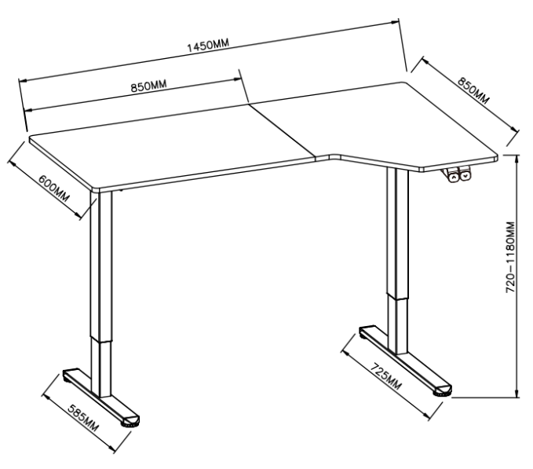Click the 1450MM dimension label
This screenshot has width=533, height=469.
(x=208, y=46)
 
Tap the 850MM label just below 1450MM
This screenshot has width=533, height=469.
(x=149, y=86)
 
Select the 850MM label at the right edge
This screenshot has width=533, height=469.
(x=473, y=90)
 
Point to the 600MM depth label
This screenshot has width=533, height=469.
(x=53, y=189)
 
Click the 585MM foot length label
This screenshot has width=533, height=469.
(x=83, y=418)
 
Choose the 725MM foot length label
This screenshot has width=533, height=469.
(x=385, y=376)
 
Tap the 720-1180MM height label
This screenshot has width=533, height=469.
(x=510, y=257)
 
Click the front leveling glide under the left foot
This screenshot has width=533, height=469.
(x=130, y=424)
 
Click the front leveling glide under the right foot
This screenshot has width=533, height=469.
(x=443, y=394)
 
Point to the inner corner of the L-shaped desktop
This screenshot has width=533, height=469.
(x=335, y=155)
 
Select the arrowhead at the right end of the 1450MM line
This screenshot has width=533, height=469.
(x=395, y=23)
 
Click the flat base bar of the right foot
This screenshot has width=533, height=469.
(x=406, y=359)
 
